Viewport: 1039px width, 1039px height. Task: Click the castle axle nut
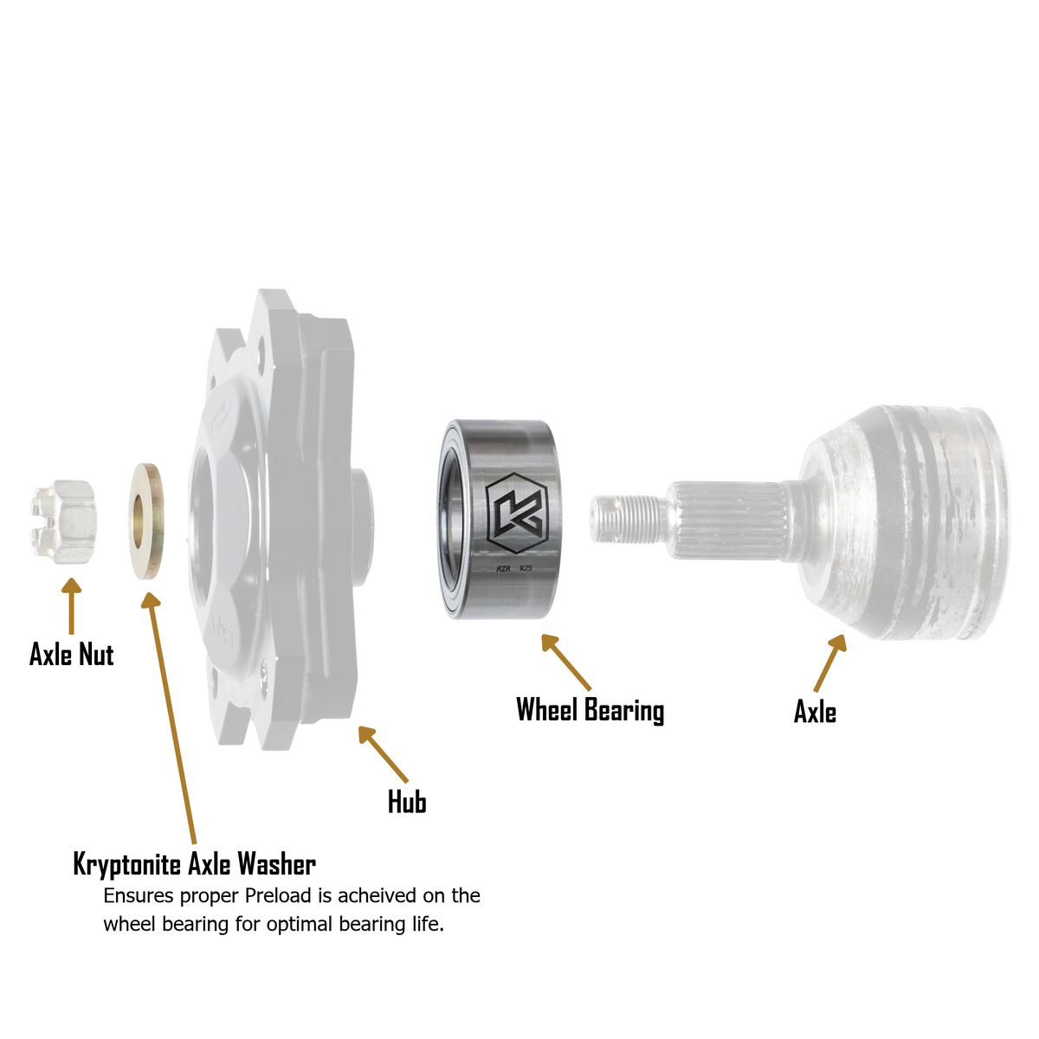pyautogui.click(x=63, y=521)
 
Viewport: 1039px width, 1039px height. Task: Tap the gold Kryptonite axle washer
pyautogui.click(x=146, y=521)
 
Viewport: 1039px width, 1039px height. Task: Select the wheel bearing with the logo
pyautogui.click(x=500, y=519)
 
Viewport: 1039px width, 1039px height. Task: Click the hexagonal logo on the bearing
pyautogui.click(x=516, y=513)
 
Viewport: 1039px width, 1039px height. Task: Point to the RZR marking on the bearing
pyautogui.click(x=503, y=568)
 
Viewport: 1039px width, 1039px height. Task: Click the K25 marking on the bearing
pyautogui.click(x=526, y=568)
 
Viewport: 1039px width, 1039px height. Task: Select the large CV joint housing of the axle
pyautogui.click(x=901, y=522)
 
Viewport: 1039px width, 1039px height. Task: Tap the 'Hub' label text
pyautogui.click(x=407, y=802)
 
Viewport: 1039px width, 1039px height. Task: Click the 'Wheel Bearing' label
pyautogui.click(x=590, y=710)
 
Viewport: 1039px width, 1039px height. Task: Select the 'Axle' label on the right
pyautogui.click(x=815, y=712)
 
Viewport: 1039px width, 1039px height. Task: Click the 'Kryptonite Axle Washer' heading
pyautogui.click(x=195, y=865)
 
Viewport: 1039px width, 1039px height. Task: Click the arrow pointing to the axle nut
pyautogui.click(x=71, y=606)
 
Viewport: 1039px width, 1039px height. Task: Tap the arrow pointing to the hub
pyautogui.click(x=384, y=754)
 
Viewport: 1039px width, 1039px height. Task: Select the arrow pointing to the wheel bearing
pyautogui.click(x=566, y=662)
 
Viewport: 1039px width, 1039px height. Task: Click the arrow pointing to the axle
pyautogui.click(x=829, y=662)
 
